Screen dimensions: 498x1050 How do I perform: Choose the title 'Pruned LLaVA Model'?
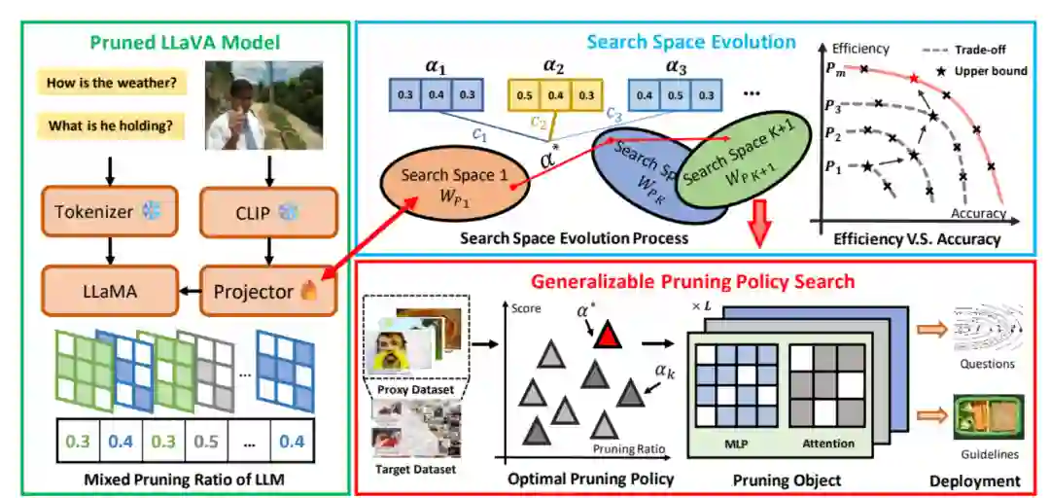185,43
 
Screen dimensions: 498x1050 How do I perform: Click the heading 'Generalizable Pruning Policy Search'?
692,282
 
